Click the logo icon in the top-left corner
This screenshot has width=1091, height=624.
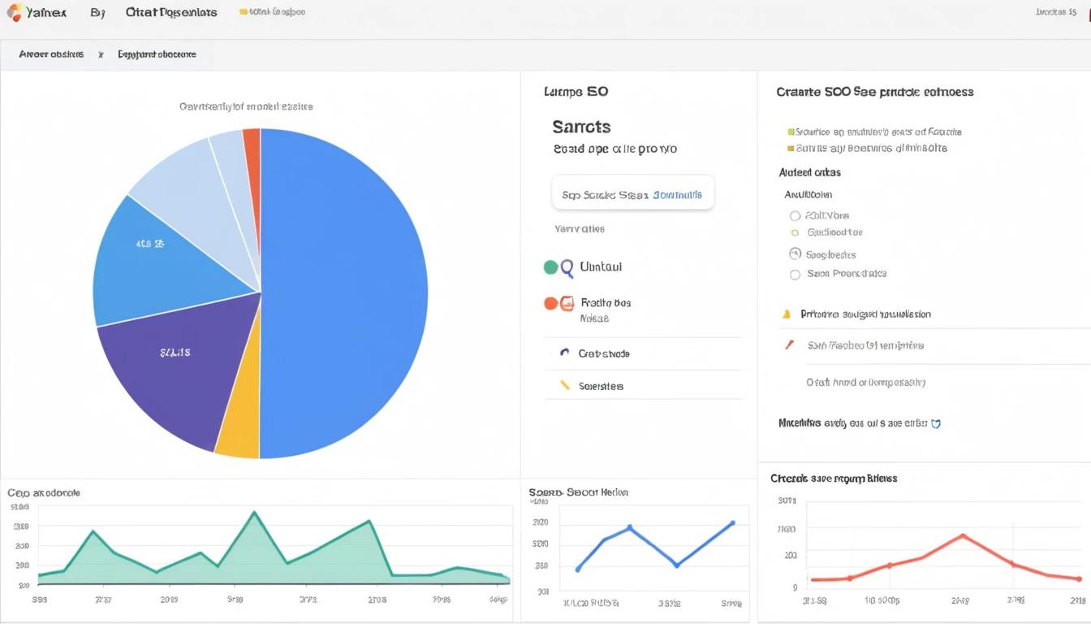(15, 12)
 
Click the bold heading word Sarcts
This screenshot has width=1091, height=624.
(581, 127)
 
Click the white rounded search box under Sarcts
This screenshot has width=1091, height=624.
(632, 193)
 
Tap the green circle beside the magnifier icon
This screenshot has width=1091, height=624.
(550, 266)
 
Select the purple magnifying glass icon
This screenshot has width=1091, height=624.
(567, 266)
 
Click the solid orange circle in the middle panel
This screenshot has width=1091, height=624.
(550, 303)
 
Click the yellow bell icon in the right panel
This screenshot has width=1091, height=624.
(786, 314)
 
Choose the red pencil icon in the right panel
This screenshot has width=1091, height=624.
(789, 344)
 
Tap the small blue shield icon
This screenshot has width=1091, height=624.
(936, 423)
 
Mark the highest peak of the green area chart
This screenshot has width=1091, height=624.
(254, 512)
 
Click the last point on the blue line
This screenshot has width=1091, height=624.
(732, 523)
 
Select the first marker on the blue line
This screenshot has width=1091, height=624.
(578, 569)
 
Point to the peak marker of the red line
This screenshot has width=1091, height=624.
(962, 535)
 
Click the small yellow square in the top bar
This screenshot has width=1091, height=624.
(244, 12)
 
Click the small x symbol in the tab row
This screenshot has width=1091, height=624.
(101, 55)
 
